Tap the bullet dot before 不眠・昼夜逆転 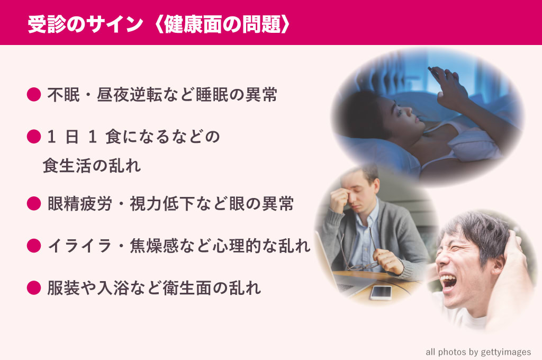point(34,95)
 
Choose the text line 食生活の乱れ point(92,167)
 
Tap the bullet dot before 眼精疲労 point(34,203)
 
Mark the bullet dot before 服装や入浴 point(34,287)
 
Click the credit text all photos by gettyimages point(478,352)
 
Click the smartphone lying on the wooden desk point(381,293)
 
